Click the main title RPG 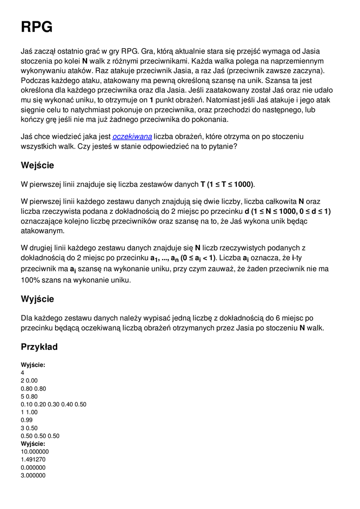pyautogui.click(x=37, y=27)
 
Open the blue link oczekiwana pyautogui.click(x=132, y=136)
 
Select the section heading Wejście pyautogui.click(x=37, y=165)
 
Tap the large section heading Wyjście pyautogui.click(x=37, y=299)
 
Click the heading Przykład pyautogui.click(x=39, y=346)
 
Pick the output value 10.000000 pyautogui.click(x=35, y=451)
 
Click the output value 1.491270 pyautogui.click(x=33, y=459)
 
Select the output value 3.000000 pyautogui.click(x=33, y=475)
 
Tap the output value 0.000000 pyautogui.click(x=33, y=467)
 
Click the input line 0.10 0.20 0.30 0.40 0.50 pyautogui.click(x=54, y=404)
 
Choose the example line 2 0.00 pyautogui.click(x=29, y=380)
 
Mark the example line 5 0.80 pyautogui.click(x=29, y=396)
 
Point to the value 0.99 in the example pyautogui.click(x=26, y=420)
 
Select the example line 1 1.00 pyautogui.click(x=29, y=412)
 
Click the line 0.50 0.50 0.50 pyautogui.click(x=40, y=436)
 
